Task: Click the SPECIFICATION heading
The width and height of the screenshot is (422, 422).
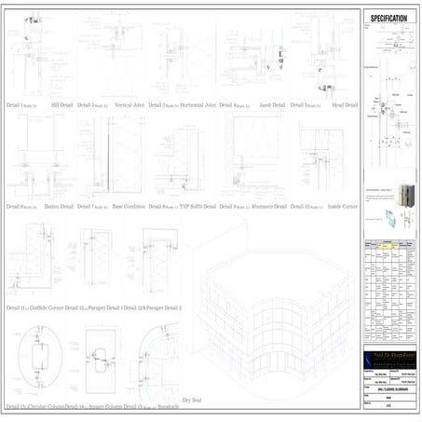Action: point(389,19)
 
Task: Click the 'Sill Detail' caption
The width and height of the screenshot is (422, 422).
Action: point(61,105)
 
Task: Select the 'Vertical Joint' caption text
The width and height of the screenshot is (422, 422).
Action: point(132,105)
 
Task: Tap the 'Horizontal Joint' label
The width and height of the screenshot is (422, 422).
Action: point(197,105)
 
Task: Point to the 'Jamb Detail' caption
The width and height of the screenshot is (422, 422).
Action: point(271,105)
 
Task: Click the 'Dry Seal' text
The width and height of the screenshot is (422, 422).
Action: point(193,400)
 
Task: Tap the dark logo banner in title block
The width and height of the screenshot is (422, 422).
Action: point(389,358)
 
